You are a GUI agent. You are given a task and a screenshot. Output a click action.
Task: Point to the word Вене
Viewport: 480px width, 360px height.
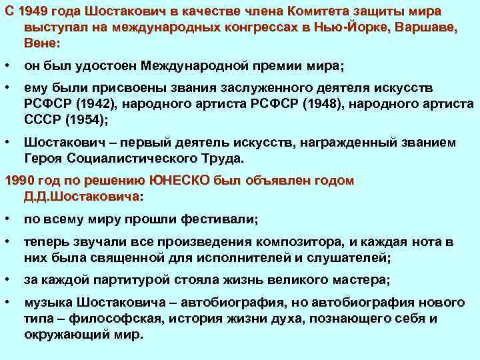41,43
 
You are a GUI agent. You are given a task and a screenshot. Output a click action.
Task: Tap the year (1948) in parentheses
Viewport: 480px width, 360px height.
287,105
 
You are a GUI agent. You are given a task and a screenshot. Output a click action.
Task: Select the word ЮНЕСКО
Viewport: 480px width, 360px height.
179,181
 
